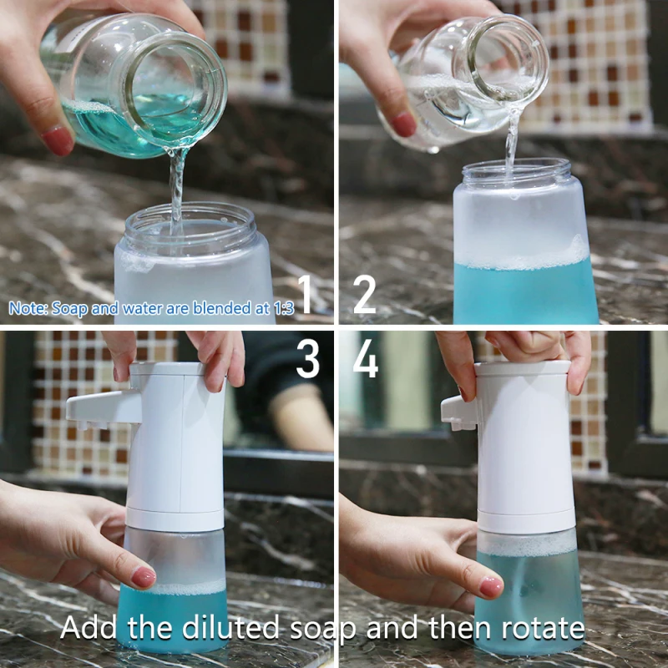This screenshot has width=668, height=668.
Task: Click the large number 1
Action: [306, 296]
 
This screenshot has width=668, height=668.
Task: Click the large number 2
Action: [365, 296]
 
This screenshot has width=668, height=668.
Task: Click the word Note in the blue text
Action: [27, 308]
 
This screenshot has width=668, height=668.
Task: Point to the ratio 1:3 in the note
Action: [282, 308]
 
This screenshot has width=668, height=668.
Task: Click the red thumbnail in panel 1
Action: [58, 141]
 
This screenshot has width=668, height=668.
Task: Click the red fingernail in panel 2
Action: [404, 124]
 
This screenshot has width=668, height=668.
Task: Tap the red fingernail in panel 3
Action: [144, 577]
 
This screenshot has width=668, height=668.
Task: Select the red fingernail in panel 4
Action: [491, 586]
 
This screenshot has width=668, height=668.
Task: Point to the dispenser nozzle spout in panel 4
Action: [456, 412]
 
